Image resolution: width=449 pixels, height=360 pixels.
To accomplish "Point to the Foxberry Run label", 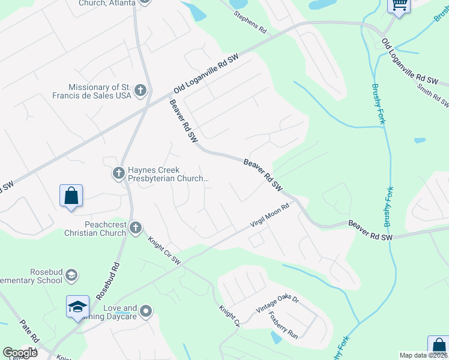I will [x=283, y=325].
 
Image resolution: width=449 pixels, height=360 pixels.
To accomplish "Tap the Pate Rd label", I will [x=28, y=334].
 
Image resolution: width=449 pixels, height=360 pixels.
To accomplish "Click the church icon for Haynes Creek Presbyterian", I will [x=118, y=173].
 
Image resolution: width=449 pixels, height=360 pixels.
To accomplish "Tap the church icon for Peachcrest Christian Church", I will [x=136, y=227].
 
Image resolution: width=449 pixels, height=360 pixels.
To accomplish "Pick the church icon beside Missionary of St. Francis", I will [x=140, y=91].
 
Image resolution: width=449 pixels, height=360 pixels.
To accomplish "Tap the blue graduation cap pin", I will [x=77, y=307].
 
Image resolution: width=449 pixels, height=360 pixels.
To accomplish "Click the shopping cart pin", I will [x=398, y=5].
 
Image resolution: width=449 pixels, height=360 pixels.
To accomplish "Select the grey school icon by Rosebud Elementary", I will [x=71, y=275].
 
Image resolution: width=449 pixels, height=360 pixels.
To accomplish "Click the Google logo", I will [x=20, y=353].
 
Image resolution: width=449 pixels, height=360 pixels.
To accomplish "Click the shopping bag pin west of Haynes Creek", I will [x=71, y=196].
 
